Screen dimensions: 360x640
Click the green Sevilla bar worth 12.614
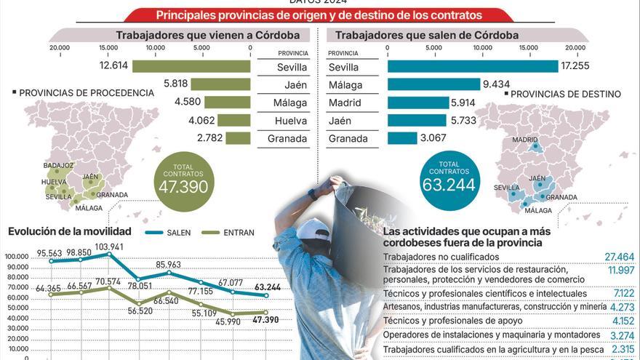point(191,67)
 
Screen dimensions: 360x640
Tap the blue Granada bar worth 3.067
point(402,138)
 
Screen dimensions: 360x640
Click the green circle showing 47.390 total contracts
point(184,181)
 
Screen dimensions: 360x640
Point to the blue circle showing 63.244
point(449,181)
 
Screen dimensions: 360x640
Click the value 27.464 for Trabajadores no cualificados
point(619,257)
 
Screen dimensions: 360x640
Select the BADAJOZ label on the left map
point(58,166)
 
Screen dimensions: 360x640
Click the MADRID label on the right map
point(524,140)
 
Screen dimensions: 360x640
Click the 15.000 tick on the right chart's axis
point(528,48)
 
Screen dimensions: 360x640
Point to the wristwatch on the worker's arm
point(313,194)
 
